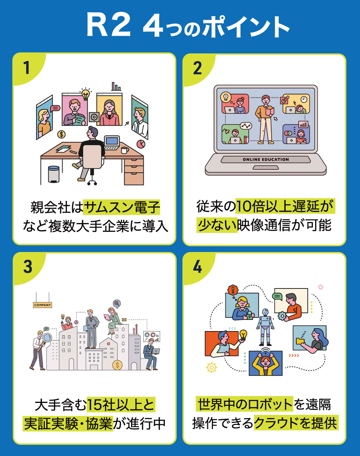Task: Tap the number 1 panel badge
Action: [x=27, y=68]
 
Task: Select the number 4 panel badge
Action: [x=197, y=267]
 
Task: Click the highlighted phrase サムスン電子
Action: [x=122, y=207]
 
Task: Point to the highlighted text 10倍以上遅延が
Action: [x=285, y=206]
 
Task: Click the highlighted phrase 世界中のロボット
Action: [x=244, y=404]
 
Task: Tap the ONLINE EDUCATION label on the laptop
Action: [x=266, y=160]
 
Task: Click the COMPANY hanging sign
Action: [x=43, y=305]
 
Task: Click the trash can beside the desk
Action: [x=54, y=174]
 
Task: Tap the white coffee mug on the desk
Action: [x=125, y=150]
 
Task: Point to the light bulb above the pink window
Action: [x=86, y=94]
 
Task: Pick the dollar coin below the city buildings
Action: [x=117, y=365]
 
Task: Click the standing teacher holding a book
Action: [x=265, y=119]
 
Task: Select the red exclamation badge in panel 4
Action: [x=233, y=290]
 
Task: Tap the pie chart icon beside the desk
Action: [x=141, y=144]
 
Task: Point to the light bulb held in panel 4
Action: [x=243, y=335]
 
